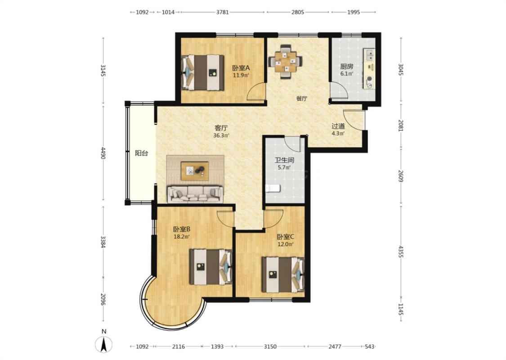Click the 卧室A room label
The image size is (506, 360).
(x=241, y=68)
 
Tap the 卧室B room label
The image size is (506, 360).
(x=182, y=229)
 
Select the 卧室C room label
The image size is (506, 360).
(x=286, y=237)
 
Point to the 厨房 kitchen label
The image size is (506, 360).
(x=347, y=67)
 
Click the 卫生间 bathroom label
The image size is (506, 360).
(x=284, y=160)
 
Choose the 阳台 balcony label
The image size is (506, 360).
(x=141, y=153)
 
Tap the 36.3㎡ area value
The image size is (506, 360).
(x=221, y=135)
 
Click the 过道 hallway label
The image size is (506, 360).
(x=338, y=126)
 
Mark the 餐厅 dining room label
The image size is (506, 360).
(x=302, y=99)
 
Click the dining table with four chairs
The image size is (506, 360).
(x=285, y=61)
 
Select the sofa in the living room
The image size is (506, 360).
(x=195, y=194)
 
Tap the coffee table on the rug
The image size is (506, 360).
(x=195, y=171)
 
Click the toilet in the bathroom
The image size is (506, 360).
(x=273, y=189)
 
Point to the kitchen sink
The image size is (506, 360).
(x=370, y=55)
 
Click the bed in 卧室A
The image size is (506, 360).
(x=203, y=72)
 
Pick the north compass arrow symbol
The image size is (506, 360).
(x=104, y=344)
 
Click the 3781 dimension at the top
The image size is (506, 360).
(x=222, y=12)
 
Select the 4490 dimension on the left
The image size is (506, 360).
(x=103, y=153)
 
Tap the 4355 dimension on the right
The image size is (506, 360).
(x=400, y=252)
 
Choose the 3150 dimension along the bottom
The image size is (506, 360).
(x=270, y=346)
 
